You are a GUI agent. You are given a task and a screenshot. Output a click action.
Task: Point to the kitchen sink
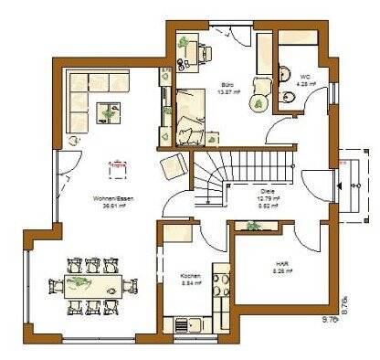pyautogui.click(x=182, y=323)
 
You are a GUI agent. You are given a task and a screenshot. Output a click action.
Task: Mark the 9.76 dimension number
pyautogui.click(x=329, y=320)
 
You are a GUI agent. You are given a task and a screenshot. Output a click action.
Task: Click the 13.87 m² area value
pyautogui.click(x=227, y=91)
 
